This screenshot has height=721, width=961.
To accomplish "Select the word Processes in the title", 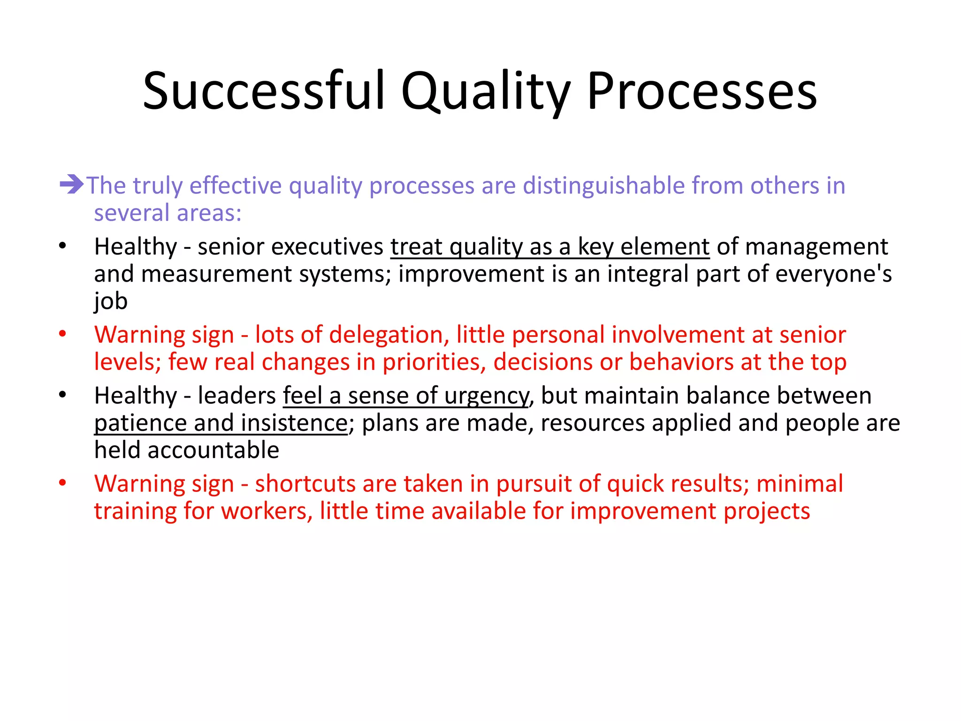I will pyautogui.click(x=702, y=91).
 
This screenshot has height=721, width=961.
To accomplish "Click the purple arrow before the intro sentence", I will pyautogui.click(x=71, y=184).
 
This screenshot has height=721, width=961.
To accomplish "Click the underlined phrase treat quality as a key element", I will pyautogui.click(x=549, y=247).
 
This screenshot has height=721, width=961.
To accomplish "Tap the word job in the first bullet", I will pyautogui.click(x=111, y=301).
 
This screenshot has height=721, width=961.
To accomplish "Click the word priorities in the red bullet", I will pyautogui.click(x=434, y=362).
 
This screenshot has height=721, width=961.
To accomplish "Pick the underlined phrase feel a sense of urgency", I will pyautogui.click(x=405, y=396).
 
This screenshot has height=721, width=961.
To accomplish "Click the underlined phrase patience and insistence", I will pyautogui.click(x=221, y=423).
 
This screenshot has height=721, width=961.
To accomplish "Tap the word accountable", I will pyautogui.click(x=214, y=450).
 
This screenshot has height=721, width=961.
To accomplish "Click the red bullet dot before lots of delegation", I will pyautogui.click(x=62, y=334).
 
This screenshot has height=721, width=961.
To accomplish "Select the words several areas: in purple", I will pyautogui.click(x=168, y=213).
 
